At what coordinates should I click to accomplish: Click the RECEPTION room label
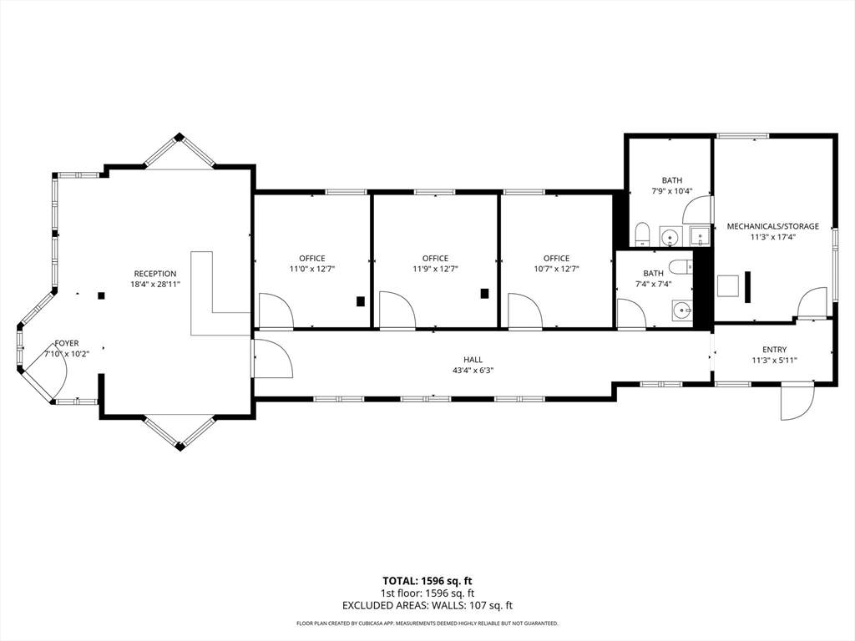click(155, 274)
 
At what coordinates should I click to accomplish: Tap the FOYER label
click(67, 343)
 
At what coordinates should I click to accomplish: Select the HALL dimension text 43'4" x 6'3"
click(473, 370)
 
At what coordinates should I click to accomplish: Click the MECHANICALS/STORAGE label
click(772, 226)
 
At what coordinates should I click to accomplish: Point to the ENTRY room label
click(774, 350)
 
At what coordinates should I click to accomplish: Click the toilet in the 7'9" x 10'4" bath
click(641, 234)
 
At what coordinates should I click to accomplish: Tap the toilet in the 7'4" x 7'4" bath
click(681, 267)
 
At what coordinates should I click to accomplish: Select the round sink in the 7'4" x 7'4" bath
click(682, 310)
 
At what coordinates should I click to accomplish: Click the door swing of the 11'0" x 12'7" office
click(276, 311)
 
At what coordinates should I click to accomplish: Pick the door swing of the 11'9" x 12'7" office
click(397, 310)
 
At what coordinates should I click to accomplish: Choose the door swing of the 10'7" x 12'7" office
click(525, 311)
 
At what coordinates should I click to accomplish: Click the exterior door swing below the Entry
click(797, 402)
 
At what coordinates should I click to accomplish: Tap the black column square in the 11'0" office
click(361, 300)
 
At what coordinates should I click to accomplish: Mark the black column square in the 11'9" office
click(484, 293)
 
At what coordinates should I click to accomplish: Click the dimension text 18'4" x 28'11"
click(155, 284)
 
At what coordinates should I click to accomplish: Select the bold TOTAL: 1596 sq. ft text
click(427, 581)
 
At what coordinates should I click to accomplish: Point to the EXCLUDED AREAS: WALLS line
click(427, 606)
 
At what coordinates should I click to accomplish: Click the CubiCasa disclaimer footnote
click(427, 623)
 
